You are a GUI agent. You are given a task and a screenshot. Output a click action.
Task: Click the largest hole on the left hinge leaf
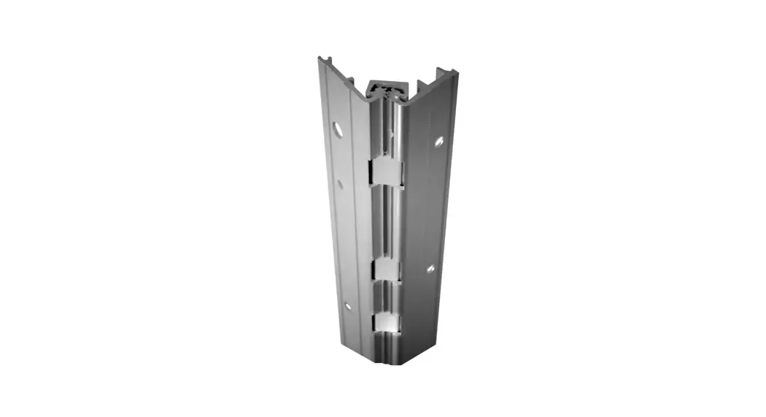point(338,129)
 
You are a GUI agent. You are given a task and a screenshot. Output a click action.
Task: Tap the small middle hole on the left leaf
point(339,185)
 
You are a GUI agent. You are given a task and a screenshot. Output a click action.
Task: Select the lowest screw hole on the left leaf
point(347,307)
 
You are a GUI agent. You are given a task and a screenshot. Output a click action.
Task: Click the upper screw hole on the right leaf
point(438,142)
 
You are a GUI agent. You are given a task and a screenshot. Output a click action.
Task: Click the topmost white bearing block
point(386,172)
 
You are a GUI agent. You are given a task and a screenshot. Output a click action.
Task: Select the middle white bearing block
point(387,269)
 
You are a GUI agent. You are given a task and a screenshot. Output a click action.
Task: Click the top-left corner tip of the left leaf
point(320,58)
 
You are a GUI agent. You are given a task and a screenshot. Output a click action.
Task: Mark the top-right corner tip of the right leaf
point(455,72)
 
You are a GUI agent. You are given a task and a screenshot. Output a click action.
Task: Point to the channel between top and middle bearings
point(387,219)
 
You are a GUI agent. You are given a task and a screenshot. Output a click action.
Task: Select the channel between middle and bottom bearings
point(387,296)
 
